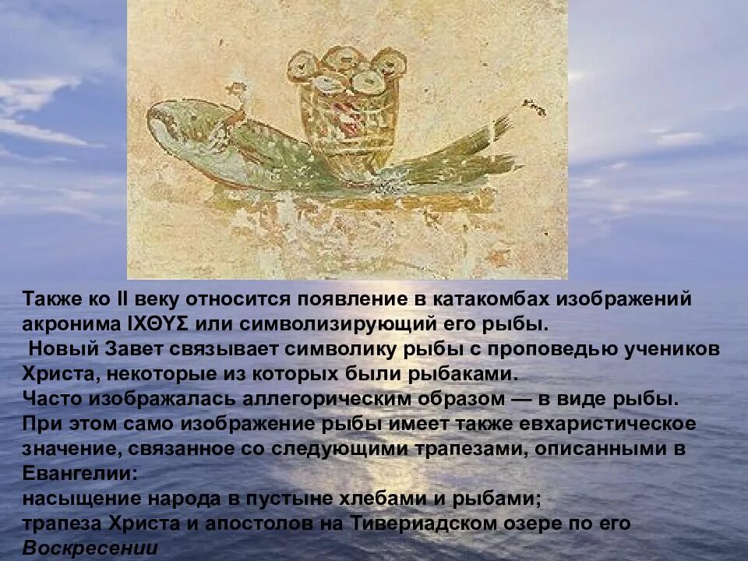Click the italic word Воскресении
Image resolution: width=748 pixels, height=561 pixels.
90,548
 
